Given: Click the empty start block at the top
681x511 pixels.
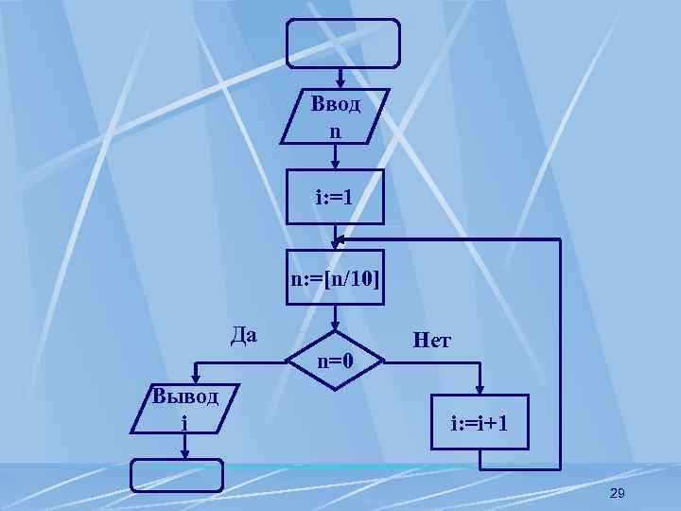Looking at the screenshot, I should [343, 43].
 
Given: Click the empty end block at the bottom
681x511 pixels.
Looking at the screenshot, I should [177, 476].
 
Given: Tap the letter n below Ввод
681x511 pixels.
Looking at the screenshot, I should [335, 131].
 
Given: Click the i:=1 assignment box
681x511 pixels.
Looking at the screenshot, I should [335, 197].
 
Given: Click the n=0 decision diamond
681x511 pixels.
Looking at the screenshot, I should [336, 360].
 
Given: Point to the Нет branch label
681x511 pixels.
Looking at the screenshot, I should [431, 339].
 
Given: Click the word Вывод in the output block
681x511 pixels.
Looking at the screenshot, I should [185, 396].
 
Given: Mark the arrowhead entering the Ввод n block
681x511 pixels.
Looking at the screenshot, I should [336, 82].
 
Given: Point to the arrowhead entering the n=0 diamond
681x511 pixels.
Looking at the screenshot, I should [336, 327].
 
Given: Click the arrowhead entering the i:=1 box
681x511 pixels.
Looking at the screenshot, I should [336, 164].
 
